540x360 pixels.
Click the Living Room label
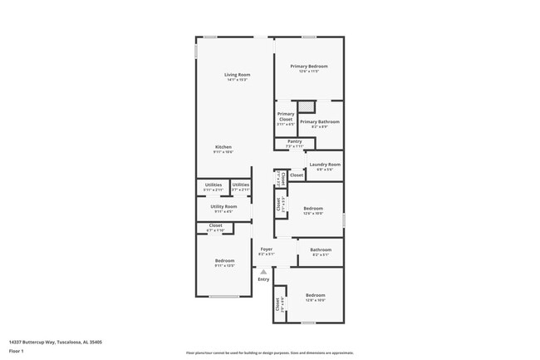click(x=237, y=75)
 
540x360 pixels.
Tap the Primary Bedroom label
click(x=308, y=67)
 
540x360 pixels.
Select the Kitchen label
click(x=223, y=147)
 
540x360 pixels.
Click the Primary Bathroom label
click(x=320, y=123)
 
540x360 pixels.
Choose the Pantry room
click(x=295, y=143)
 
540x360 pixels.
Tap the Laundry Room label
click(x=325, y=165)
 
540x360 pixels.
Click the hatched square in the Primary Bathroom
click(x=307, y=106)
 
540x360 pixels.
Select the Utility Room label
click(x=223, y=207)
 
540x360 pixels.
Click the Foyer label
click(x=266, y=249)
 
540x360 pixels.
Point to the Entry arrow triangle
click(x=263, y=271)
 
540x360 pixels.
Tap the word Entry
click(x=263, y=279)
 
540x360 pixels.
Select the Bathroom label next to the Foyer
click(x=321, y=250)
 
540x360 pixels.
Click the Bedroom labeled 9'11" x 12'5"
click(x=224, y=263)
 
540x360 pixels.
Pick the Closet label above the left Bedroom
click(x=215, y=226)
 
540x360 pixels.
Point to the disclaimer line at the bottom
click(x=269, y=353)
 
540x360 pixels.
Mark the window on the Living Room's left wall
click(x=196, y=50)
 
